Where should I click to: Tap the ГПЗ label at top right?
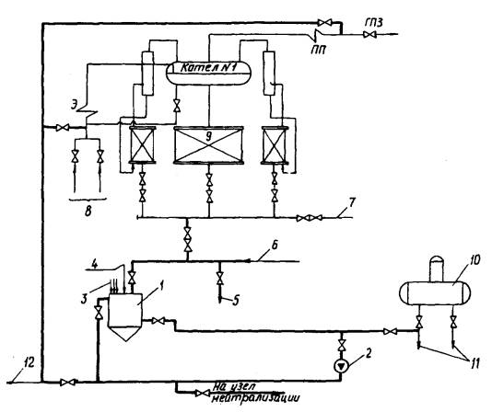[374, 23]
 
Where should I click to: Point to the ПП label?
[318, 50]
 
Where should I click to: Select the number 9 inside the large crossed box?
[208, 136]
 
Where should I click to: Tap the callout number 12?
[30, 363]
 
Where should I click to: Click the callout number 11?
[474, 364]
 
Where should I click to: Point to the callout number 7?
[352, 202]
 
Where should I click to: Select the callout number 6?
[274, 245]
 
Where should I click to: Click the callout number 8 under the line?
[88, 212]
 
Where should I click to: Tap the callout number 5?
[236, 301]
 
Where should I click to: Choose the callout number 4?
[95, 265]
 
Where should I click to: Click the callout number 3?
[84, 298]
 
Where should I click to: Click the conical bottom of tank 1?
[125, 334]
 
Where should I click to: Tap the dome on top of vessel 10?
[437, 269]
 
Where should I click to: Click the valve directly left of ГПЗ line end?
[368, 34]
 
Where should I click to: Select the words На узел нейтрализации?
[255, 393]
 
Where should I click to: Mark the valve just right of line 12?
[67, 383]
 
